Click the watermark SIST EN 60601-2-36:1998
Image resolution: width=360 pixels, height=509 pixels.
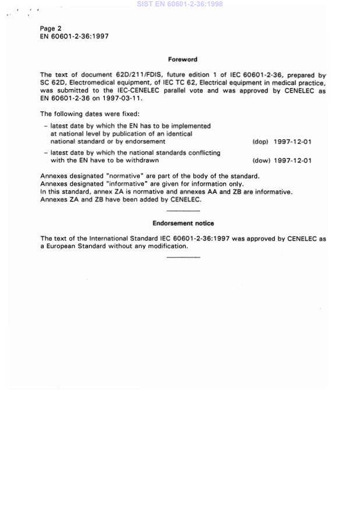point(179,4)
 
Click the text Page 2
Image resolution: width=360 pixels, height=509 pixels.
point(51,29)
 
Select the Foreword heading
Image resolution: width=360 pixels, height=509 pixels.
point(182,59)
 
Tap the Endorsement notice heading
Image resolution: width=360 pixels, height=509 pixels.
point(183,223)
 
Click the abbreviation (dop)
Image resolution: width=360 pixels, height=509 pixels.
point(260,142)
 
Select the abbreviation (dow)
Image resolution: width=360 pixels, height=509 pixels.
point(260,161)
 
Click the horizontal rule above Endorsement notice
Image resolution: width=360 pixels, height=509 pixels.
point(183,210)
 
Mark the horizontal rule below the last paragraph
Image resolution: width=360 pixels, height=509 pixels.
point(183,257)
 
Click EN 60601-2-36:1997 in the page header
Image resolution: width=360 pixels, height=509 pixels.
point(74,36)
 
